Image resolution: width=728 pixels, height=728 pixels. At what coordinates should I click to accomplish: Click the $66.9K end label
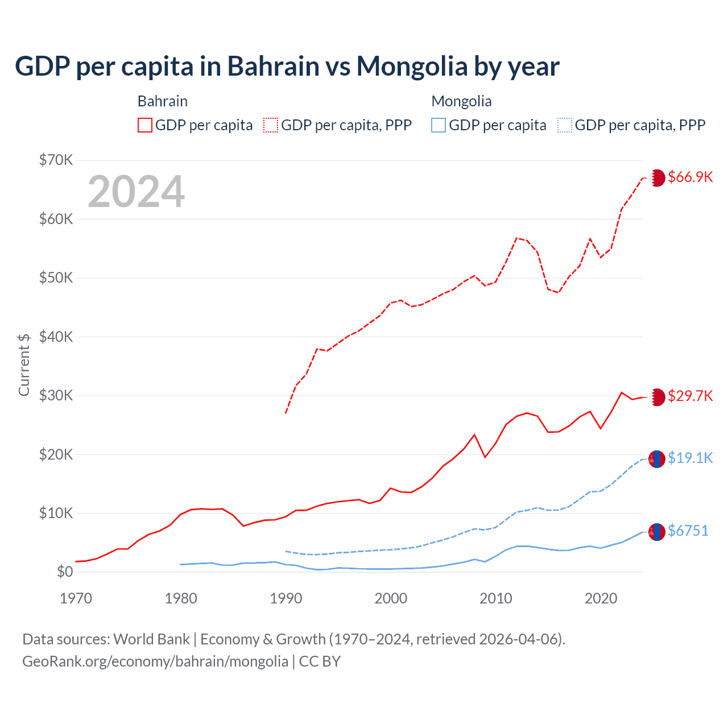(x=690, y=177)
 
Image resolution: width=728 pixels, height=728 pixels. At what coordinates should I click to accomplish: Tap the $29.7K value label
(x=690, y=396)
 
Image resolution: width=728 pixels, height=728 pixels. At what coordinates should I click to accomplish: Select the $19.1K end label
(x=690, y=458)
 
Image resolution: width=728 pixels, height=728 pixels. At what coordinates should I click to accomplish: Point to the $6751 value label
(x=688, y=531)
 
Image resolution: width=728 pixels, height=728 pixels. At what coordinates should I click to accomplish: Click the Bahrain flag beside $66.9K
(x=657, y=177)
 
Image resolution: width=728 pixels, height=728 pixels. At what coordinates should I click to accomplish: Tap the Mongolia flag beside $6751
(x=657, y=532)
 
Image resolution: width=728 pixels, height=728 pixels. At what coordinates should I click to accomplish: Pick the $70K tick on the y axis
(x=56, y=160)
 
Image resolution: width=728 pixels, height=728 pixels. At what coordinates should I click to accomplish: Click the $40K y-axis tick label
(x=56, y=337)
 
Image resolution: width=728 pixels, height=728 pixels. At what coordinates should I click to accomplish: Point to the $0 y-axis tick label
(x=65, y=572)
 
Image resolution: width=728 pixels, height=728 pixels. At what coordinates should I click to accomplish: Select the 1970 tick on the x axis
(x=76, y=598)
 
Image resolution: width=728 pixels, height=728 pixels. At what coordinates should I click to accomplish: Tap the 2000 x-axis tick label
(x=391, y=598)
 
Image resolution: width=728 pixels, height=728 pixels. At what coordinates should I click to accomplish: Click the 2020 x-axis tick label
(x=601, y=598)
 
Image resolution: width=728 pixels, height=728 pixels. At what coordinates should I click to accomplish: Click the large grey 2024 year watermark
(x=136, y=192)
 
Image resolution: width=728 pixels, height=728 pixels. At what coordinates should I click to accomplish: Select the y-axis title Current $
(x=24, y=364)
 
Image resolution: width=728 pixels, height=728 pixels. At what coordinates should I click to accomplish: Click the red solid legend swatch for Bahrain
(x=145, y=125)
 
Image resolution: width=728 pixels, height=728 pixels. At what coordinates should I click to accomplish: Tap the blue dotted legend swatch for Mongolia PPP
(x=565, y=125)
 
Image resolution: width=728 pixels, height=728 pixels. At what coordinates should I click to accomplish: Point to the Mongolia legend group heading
(x=461, y=101)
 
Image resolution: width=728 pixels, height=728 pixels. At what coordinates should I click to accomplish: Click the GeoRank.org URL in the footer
(x=155, y=661)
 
